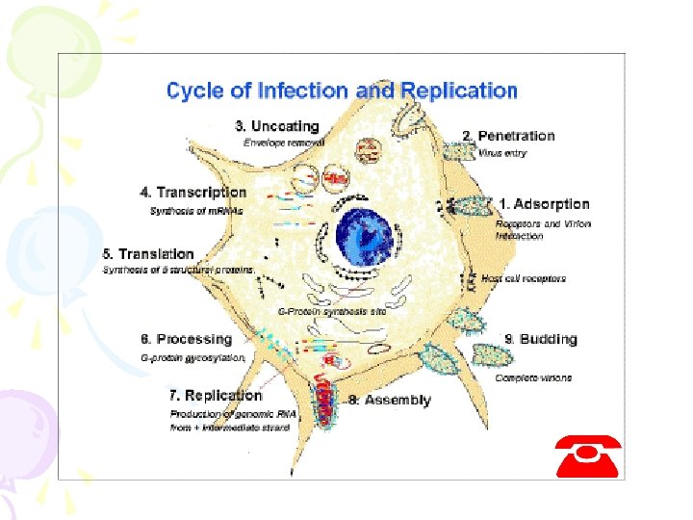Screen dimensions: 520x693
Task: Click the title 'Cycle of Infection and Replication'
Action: pyautogui.click(x=342, y=91)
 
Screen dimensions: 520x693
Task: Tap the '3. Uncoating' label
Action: pyautogui.click(x=276, y=126)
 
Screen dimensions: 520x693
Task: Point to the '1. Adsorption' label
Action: pyautogui.click(x=544, y=204)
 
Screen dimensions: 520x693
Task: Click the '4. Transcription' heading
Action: pyautogui.click(x=192, y=193)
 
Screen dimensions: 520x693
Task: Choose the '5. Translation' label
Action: pyautogui.click(x=148, y=254)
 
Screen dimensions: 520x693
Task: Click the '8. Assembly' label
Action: pyautogui.click(x=389, y=400)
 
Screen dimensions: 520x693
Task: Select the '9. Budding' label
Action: pyautogui.click(x=540, y=339)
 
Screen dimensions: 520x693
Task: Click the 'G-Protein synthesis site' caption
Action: pyautogui.click(x=331, y=312)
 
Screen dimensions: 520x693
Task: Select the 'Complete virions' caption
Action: pyautogui.click(x=533, y=377)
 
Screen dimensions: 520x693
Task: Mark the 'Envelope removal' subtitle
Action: pyautogui.click(x=284, y=142)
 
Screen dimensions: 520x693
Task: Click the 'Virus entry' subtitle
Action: pyautogui.click(x=502, y=153)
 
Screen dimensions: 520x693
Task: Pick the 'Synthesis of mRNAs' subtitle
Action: pyautogui.click(x=196, y=210)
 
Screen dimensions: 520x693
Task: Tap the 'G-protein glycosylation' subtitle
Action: pyautogui.click(x=192, y=357)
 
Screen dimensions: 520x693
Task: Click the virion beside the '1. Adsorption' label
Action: pyautogui.click(x=473, y=206)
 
